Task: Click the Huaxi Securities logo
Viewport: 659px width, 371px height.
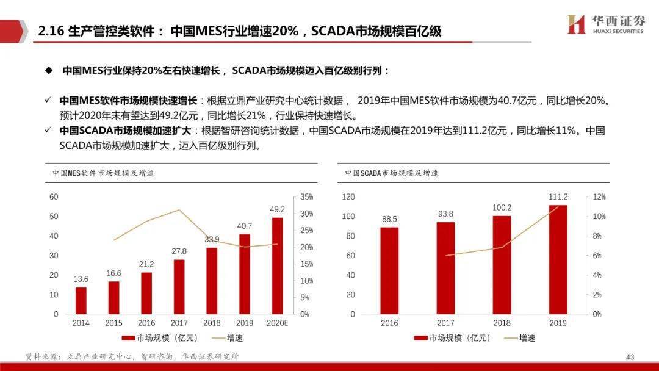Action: (x=605, y=25)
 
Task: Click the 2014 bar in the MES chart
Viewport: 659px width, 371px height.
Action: (x=81, y=300)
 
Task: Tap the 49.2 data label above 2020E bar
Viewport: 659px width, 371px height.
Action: (x=278, y=209)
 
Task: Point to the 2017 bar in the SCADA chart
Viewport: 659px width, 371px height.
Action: (x=445, y=268)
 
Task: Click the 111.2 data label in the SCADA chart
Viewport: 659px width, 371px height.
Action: (x=558, y=197)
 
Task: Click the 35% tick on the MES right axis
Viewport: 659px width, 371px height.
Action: (x=306, y=197)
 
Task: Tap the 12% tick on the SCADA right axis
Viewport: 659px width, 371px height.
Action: (x=599, y=197)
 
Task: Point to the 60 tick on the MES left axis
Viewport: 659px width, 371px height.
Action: (x=54, y=196)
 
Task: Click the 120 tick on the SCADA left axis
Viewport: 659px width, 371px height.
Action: (x=348, y=197)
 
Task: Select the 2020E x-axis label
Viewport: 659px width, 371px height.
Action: (x=278, y=323)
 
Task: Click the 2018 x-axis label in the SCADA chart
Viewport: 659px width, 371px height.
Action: (x=502, y=323)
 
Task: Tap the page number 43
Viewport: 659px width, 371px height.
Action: (x=630, y=356)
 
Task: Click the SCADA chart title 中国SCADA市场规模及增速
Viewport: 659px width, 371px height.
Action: (x=391, y=173)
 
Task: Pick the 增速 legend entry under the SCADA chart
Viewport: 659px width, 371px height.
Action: (x=519, y=337)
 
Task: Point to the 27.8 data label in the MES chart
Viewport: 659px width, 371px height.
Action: (x=179, y=251)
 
